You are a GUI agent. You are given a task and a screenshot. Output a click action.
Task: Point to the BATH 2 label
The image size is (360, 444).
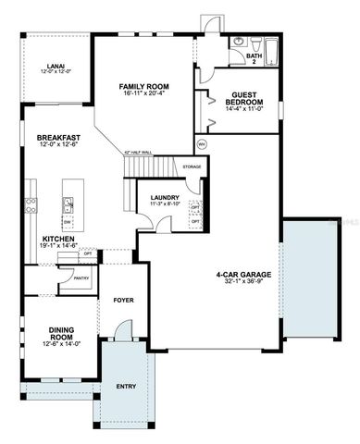point(253,58)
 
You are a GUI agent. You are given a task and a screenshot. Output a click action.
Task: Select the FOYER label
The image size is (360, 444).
point(122,302)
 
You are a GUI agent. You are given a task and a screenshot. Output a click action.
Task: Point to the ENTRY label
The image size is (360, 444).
point(126,386)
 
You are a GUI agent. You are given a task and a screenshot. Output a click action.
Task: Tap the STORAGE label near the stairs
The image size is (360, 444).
point(192,166)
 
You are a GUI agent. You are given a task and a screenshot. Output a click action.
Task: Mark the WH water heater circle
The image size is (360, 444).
point(202,143)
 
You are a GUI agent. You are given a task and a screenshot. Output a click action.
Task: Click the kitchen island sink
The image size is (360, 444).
point(68,203)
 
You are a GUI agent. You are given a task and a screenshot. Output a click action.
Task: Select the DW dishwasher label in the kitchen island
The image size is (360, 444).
point(68,222)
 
